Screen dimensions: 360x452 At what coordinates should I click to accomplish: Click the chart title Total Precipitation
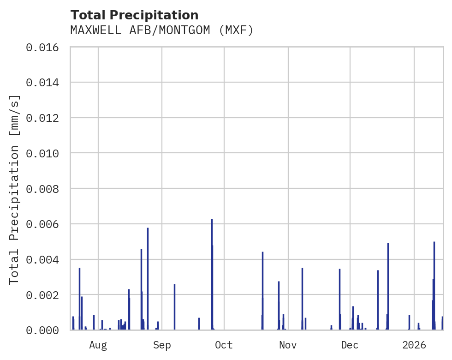134,15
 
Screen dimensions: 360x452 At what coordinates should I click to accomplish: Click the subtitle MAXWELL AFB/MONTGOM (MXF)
162,30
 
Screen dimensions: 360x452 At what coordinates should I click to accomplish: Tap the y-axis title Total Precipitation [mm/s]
14,189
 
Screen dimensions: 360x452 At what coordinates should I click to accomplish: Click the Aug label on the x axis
98,345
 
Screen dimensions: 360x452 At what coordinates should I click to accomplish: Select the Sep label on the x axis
162,345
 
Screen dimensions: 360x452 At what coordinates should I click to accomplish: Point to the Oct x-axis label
224,345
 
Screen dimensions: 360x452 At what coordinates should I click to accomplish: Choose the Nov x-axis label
288,345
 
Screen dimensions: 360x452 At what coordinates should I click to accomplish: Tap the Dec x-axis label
350,345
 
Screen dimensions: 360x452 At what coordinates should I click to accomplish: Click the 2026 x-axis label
414,345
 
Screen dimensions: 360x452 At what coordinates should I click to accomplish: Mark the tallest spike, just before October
212,272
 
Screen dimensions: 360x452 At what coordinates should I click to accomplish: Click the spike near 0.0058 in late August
148,277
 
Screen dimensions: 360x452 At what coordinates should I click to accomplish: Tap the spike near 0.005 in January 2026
434,284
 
